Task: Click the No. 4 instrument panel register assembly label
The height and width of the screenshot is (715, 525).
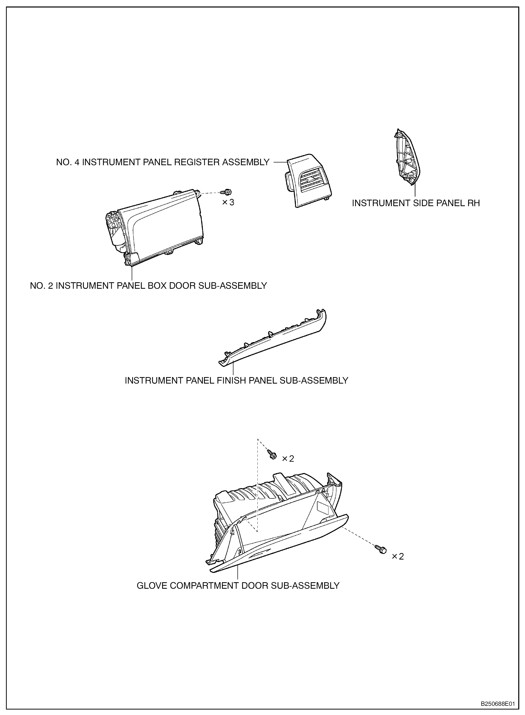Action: pos(163,162)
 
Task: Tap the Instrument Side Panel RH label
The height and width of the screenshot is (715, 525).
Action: pos(416,203)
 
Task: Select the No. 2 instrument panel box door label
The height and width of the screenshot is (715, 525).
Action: pos(148,286)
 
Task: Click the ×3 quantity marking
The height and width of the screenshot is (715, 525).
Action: pos(228,202)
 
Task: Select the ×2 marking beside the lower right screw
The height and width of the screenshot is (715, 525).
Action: pos(398,556)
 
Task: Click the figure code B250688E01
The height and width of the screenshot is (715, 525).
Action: pos(497,704)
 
